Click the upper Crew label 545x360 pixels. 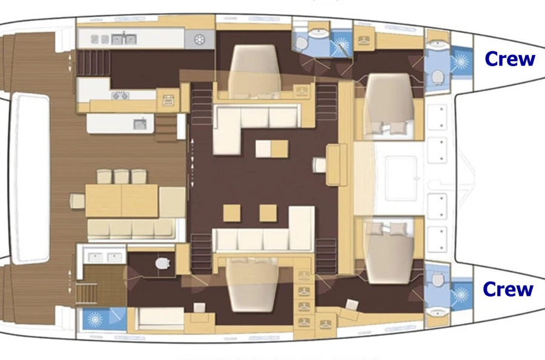coord(509,59)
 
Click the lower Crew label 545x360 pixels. coord(508,289)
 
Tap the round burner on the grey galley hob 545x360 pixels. coord(199,39)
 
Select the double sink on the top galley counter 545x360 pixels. coord(124,39)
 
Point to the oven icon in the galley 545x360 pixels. coord(168,101)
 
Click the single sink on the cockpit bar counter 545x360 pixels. coord(140,124)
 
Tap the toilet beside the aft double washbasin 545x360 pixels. coord(163,263)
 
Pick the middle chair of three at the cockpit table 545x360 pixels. coord(122,176)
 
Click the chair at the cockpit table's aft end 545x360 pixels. coord(78,201)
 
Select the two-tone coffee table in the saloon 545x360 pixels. coord(272,149)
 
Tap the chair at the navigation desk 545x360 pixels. coord(319,165)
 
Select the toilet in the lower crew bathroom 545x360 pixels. coord(438,279)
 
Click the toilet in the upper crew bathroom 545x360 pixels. coord(438,77)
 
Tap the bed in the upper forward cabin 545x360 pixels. coord(389,104)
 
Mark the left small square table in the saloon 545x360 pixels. coord(232,213)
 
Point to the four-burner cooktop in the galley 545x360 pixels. coord(121,95)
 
